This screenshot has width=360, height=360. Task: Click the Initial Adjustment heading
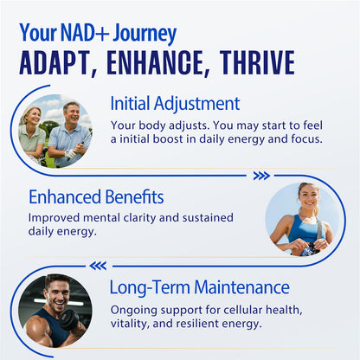pos(175,104)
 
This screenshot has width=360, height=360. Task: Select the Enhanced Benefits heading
pos(95,196)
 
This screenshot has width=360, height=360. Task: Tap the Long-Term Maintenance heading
pos(199,286)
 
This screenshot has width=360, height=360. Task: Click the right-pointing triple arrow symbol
pos(261,176)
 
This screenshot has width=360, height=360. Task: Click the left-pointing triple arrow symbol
pos(99,266)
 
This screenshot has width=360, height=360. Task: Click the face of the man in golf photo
pos(71,113)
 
